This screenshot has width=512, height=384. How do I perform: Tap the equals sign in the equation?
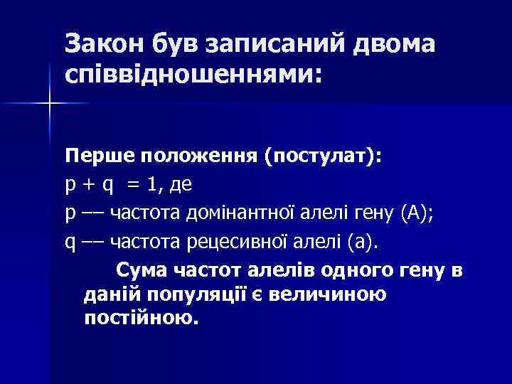[133, 184]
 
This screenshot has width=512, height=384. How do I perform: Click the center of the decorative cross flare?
[50, 104]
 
